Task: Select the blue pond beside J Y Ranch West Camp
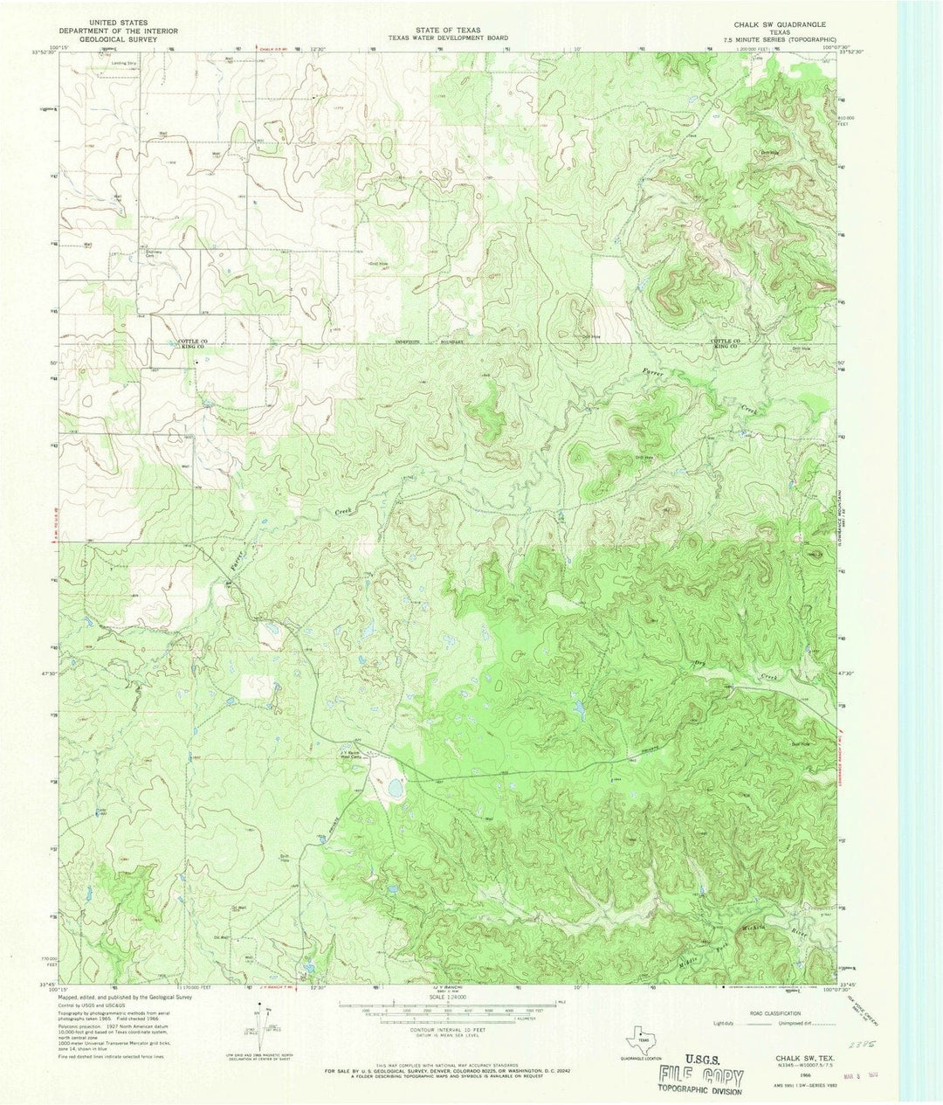click(395, 789)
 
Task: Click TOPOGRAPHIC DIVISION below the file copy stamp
click(700, 1091)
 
